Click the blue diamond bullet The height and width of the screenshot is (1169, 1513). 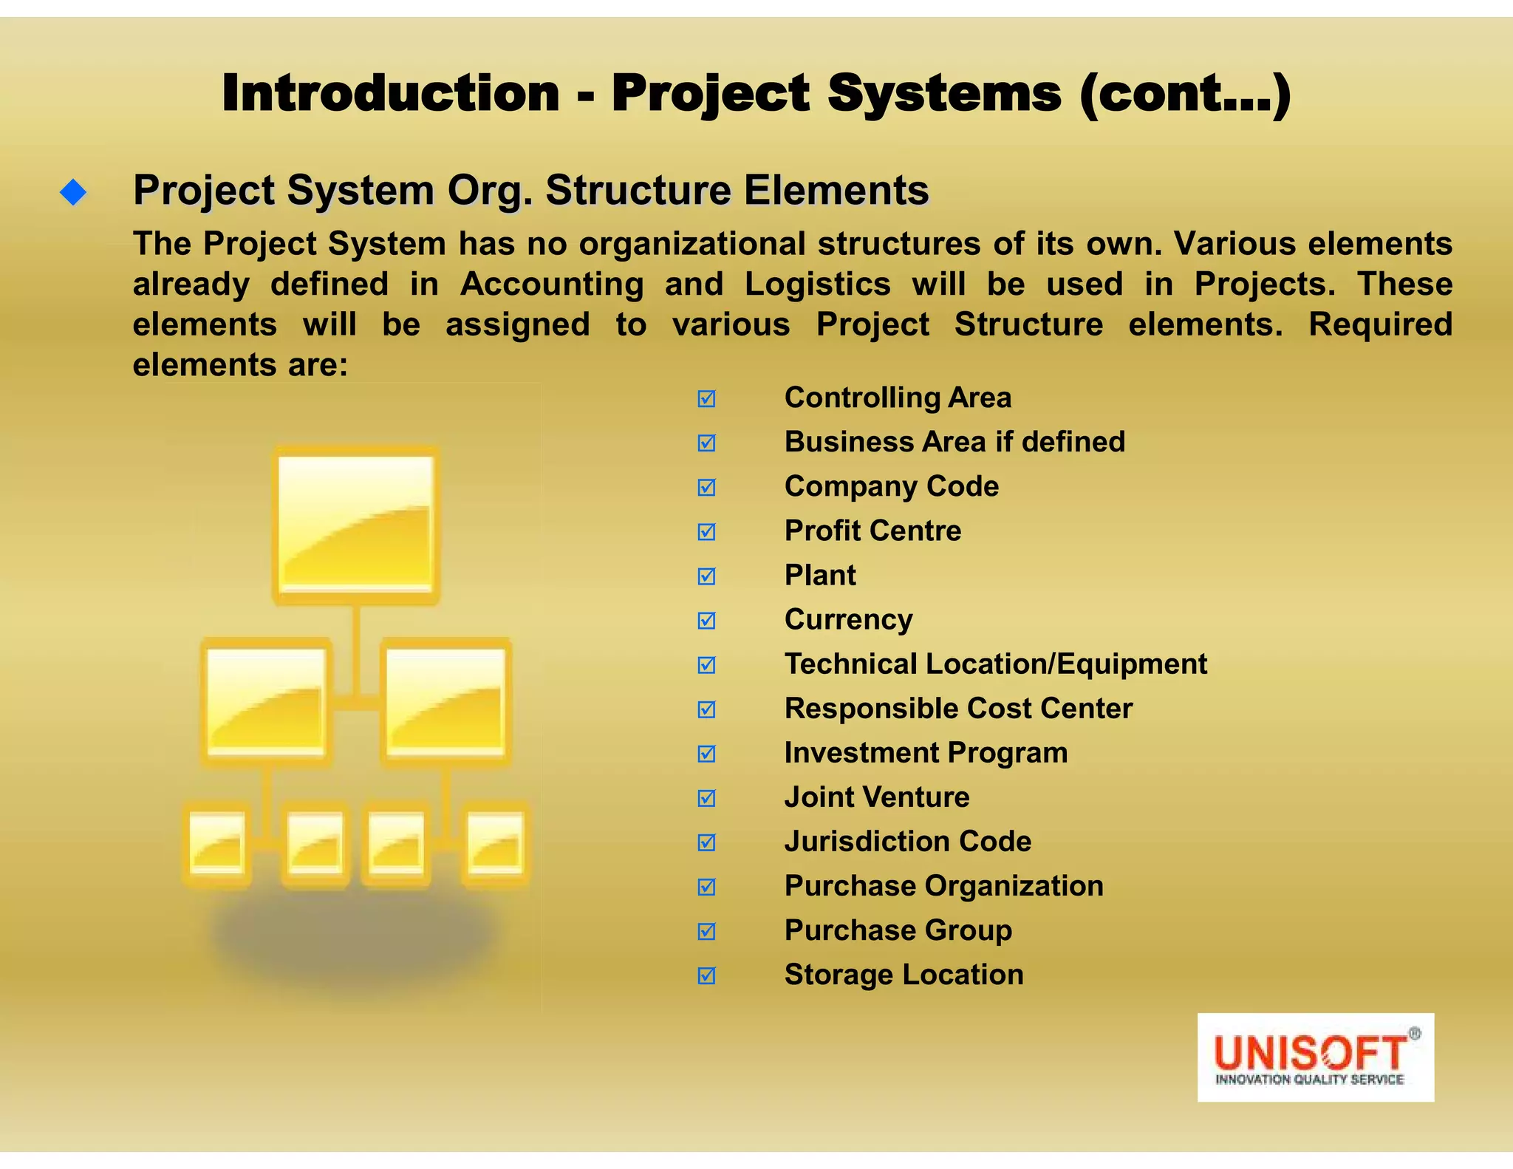(73, 193)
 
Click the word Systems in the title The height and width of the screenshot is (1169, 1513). (944, 93)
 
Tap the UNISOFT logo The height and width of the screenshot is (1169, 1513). (1315, 1057)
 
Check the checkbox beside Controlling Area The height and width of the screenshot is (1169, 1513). (706, 399)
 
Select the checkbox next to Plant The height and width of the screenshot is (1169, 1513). (706, 576)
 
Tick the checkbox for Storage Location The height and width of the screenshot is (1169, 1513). (706, 976)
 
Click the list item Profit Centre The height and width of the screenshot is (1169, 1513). (872, 531)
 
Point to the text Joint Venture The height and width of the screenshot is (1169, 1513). (877, 797)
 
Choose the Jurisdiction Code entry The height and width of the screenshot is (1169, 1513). (907, 842)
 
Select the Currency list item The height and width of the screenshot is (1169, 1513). (848, 619)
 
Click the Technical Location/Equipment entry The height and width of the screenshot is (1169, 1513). (995, 664)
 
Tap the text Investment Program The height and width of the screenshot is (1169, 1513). (926, 753)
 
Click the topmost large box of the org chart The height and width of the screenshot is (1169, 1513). (356, 525)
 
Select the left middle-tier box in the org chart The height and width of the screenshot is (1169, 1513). (266, 702)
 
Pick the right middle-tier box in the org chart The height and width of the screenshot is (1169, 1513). (446, 702)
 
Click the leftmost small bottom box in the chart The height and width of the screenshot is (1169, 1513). (216, 843)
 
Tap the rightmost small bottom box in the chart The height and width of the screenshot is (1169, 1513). (496, 843)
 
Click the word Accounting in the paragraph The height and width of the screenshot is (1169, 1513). (552, 284)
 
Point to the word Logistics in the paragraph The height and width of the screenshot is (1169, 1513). (817, 284)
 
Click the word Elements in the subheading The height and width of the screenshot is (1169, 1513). (836, 191)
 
